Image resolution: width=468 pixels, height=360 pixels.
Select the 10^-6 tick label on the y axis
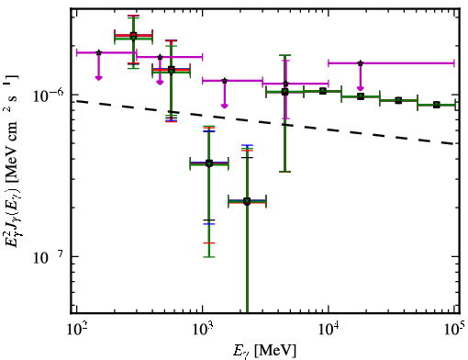point(49,96)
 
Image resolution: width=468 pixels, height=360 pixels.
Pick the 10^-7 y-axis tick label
point(49,257)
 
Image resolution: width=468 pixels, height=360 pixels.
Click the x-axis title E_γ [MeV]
point(264,351)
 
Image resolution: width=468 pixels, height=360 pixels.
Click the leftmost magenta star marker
point(98,52)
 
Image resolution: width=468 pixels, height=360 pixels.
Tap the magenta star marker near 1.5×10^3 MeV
point(225,81)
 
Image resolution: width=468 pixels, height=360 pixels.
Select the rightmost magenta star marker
point(361,63)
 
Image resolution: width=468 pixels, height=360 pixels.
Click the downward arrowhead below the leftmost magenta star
point(98,78)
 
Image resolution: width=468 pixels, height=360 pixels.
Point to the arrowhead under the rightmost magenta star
point(361,88)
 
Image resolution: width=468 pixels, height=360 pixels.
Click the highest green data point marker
point(133,37)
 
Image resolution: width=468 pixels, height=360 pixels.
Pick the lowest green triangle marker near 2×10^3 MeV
point(247,201)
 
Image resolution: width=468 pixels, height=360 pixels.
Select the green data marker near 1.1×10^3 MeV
point(209,163)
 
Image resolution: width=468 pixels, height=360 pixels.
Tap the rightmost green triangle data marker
point(437,105)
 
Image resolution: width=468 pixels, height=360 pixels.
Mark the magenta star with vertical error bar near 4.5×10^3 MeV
point(285,84)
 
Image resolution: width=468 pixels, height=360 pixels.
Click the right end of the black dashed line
point(454,143)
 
